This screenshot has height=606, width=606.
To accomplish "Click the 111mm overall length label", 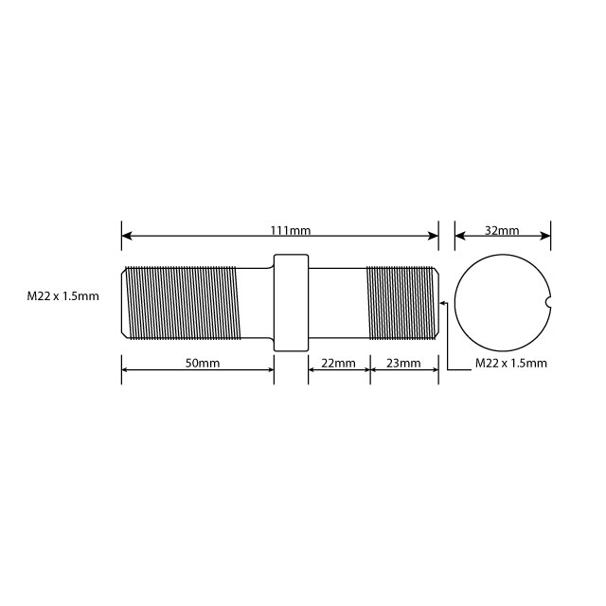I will tap(291, 230).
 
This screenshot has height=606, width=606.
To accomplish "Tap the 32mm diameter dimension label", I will tap(502, 230).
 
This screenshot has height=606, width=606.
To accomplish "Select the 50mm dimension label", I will tap(202, 363).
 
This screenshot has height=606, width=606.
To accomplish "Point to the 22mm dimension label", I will tap(338, 363).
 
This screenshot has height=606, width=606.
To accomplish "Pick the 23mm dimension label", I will tap(403, 363).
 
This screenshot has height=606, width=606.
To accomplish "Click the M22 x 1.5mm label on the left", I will tap(62, 296).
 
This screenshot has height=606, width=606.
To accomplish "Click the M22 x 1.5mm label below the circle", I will tap(510, 363).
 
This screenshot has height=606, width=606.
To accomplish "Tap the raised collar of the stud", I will tap(291, 302).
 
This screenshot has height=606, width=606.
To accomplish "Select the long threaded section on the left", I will tap(185, 302).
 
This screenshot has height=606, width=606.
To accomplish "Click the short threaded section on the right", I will tap(400, 302).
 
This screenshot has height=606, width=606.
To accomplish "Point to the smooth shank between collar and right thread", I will tap(337, 302).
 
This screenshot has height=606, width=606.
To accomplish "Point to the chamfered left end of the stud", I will tap(124, 302).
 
